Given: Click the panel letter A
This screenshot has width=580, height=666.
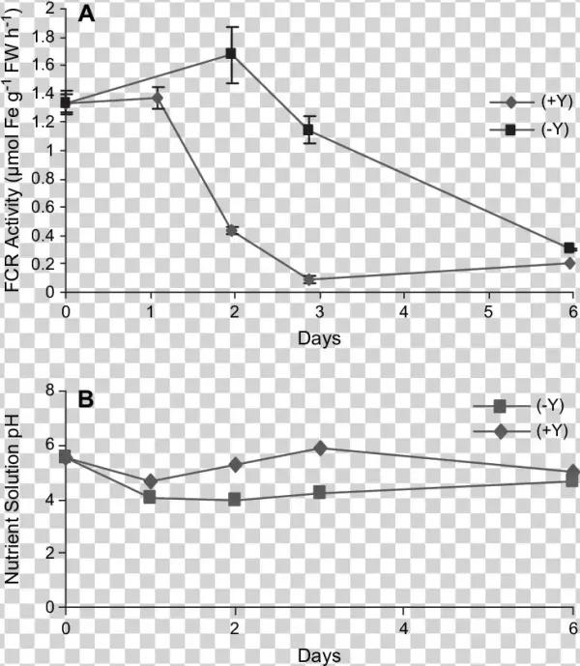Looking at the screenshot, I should click(85, 15).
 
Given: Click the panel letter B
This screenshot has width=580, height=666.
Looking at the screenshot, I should click(85, 398).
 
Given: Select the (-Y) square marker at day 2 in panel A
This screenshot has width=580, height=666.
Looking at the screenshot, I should click(232, 54).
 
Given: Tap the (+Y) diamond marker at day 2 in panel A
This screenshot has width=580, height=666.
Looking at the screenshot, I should click(232, 230).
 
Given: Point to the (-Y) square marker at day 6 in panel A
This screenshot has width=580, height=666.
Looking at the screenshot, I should click(569, 248).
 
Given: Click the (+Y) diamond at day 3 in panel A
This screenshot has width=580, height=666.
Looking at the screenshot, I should click(309, 279).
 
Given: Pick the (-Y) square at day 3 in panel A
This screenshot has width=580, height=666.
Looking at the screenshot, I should click(309, 130).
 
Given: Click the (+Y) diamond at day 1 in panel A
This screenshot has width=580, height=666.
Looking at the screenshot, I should click(158, 98).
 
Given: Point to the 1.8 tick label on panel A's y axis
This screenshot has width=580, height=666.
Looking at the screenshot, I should click(41, 37).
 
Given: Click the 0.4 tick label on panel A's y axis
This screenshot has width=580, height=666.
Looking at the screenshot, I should click(41, 235).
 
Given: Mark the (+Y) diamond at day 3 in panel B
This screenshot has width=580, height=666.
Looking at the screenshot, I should click(320, 448).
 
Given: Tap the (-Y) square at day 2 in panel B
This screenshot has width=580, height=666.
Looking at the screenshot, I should click(235, 499).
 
